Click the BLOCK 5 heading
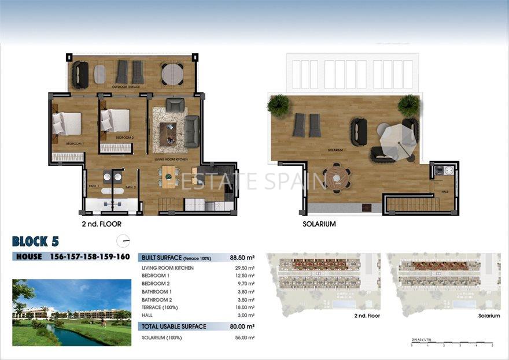[x=35, y=241]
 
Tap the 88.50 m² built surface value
[x=242, y=258]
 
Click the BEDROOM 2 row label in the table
[x=156, y=284]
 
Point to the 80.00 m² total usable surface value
[x=242, y=326]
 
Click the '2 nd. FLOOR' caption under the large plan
[x=102, y=224]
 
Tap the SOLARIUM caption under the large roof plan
[x=319, y=224]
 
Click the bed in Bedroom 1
[x=67, y=123]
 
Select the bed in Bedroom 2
[x=116, y=121]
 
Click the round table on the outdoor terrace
[x=172, y=73]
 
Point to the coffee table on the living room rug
[x=168, y=133]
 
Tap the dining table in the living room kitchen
[x=168, y=176]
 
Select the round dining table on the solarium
[x=337, y=178]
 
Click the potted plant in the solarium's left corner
[x=278, y=105]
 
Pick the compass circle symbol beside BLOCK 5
[x=123, y=241]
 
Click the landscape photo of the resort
[x=72, y=313]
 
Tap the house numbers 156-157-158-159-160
[x=90, y=257]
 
